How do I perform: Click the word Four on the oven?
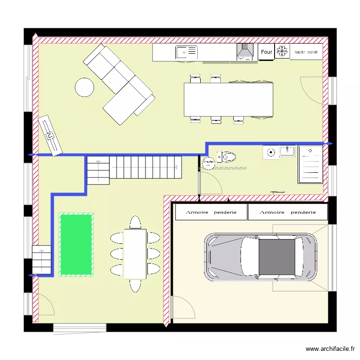pyautogui.click(x=266, y=52)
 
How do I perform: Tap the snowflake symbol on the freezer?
pyautogui.click(x=282, y=51)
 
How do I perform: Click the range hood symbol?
pyautogui.click(x=245, y=51)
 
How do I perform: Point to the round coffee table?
pyautogui.click(x=84, y=87)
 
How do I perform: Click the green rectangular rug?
pyautogui.click(x=76, y=245)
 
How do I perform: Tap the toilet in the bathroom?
pyautogui.click(x=228, y=156)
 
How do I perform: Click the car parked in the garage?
pyautogui.click(x=261, y=257)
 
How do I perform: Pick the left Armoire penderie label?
pyautogui.click(x=211, y=212)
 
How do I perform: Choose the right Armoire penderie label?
pyautogui.click(x=288, y=212)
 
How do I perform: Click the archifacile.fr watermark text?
pyautogui.click(x=330, y=349)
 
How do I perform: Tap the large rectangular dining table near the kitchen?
pyautogui.click(x=228, y=100)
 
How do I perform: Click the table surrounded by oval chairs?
pyautogui.click(x=135, y=253)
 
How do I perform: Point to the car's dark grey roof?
pyautogui.click(x=276, y=257)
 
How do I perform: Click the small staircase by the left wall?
pyautogui.click(x=41, y=260)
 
